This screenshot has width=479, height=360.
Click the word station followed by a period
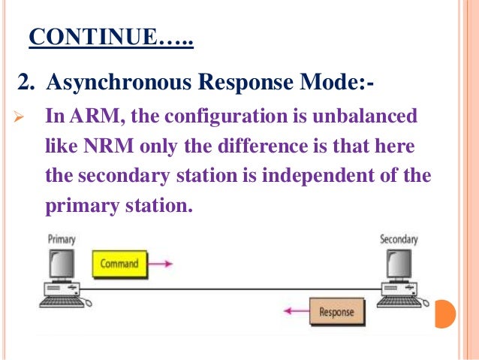tap(155, 204)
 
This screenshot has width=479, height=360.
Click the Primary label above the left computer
tap(62, 239)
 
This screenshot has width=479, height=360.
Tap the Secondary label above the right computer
tap(399, 239)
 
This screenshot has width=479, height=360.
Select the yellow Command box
tap(118, 264)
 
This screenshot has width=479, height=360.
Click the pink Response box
tap(336, 311)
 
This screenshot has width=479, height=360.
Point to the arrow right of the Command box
tap(159, 264)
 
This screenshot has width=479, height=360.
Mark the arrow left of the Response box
tap(294, 311)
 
